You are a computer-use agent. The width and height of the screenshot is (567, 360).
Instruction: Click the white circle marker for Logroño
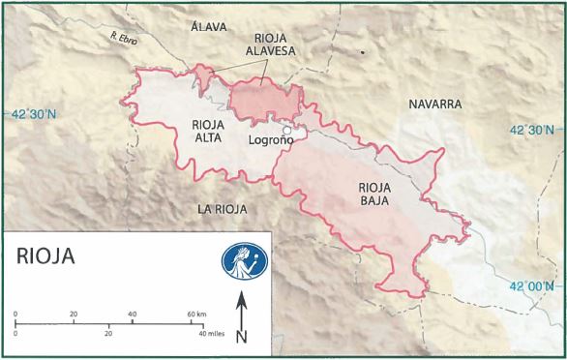click(286, 131)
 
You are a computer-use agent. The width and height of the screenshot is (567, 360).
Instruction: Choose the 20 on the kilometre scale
click(74, 316)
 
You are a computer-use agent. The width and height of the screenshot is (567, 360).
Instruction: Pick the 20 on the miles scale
click(108, 333)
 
